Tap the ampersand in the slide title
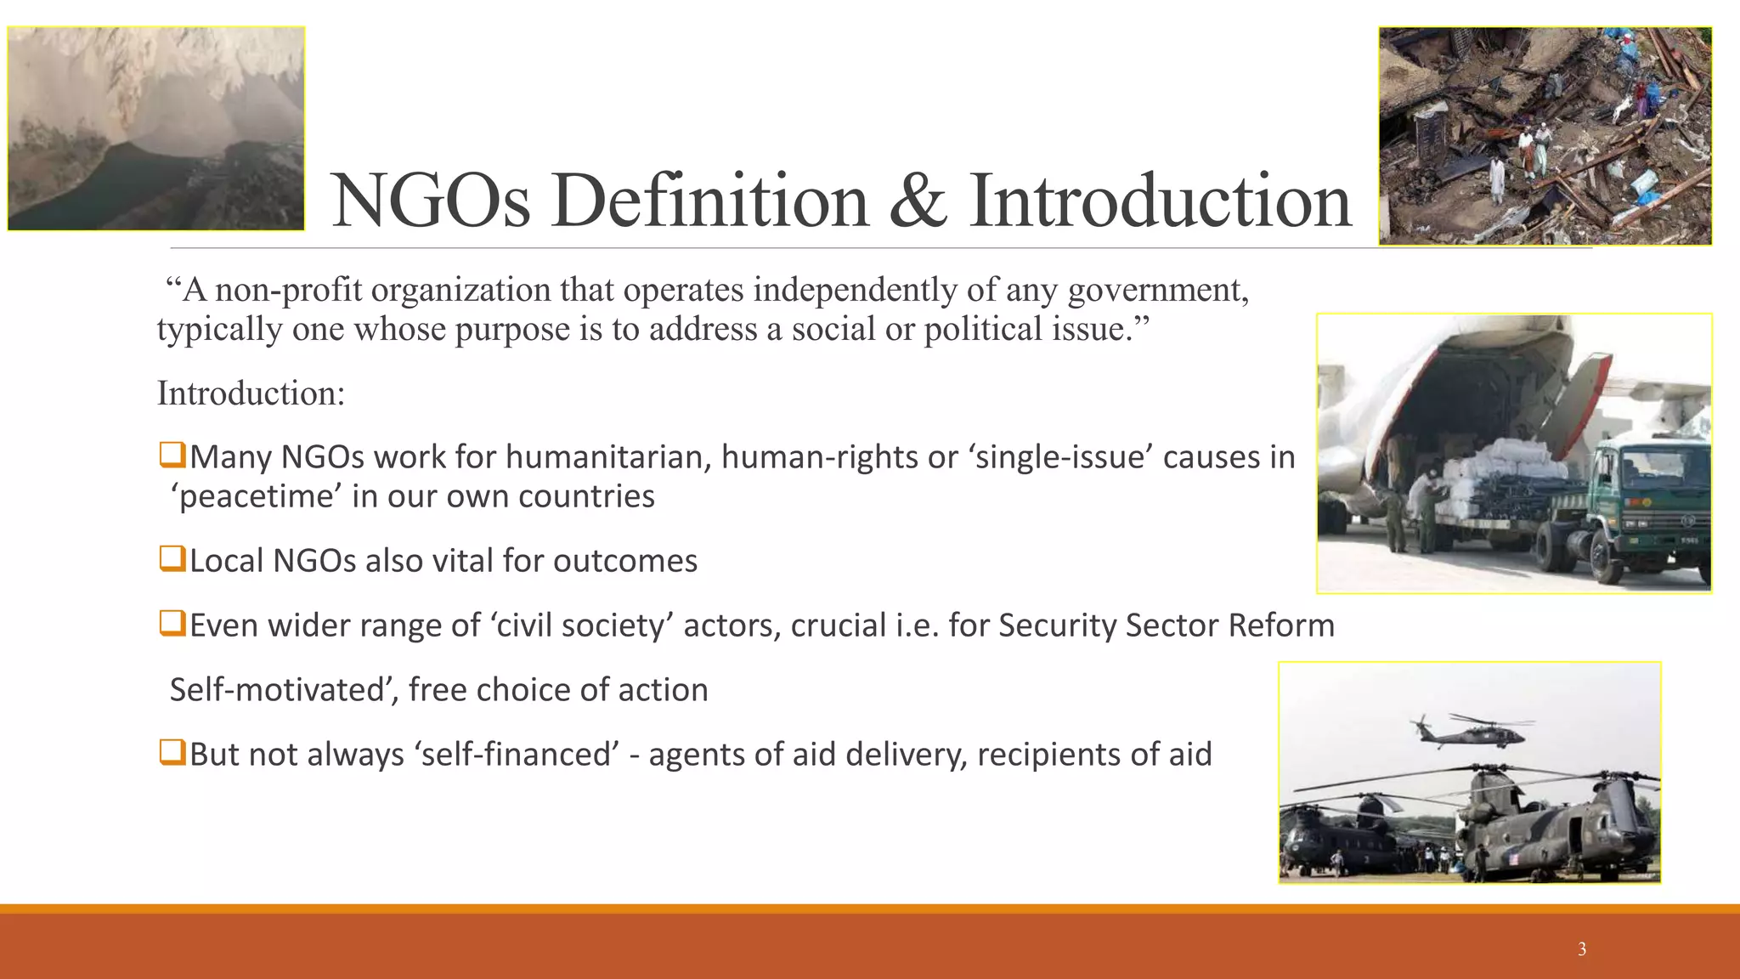(918, 201)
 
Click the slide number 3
(1581, 949)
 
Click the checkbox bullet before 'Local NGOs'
(172, 559)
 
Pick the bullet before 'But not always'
(172, 752)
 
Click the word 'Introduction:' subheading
(251, 393)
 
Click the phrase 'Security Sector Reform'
(1166, 625)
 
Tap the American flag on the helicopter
(1513, 860)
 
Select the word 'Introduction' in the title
(1160, 201)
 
